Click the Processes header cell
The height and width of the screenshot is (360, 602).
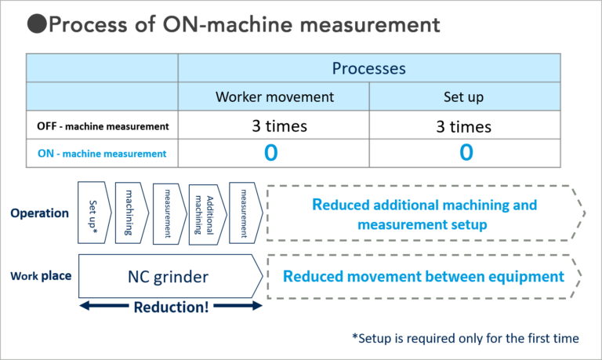pyautogui.click(x=369, y=68)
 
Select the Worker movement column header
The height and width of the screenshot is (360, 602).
pyautogui.click(x=274, y=97)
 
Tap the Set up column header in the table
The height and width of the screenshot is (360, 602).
pyautogui.click(x=464, y=97)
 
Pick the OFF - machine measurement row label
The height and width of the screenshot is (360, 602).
pyautogui.click(x=103, y=125)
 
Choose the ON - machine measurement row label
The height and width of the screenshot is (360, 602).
pyautogui.click(x=103, y=153)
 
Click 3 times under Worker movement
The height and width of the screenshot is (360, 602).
pyautogui.click(x=274, y=125)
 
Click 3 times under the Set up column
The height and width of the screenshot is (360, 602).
pyautogui.click(x=464, y=125)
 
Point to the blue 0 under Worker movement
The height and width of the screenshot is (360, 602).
pyautogui.click(x=271, y=153)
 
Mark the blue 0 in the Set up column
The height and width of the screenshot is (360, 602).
pyautogui.click(x=466, y=153)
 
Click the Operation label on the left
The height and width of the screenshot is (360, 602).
pyautogui.click(x=40, y=213)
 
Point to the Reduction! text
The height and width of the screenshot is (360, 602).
pyautogui.click(x=170, y=307)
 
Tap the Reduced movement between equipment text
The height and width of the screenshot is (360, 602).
pyautogui.click(x=423, y=276)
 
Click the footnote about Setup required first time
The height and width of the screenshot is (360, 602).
pyautogui.click(x=466, y=338)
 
